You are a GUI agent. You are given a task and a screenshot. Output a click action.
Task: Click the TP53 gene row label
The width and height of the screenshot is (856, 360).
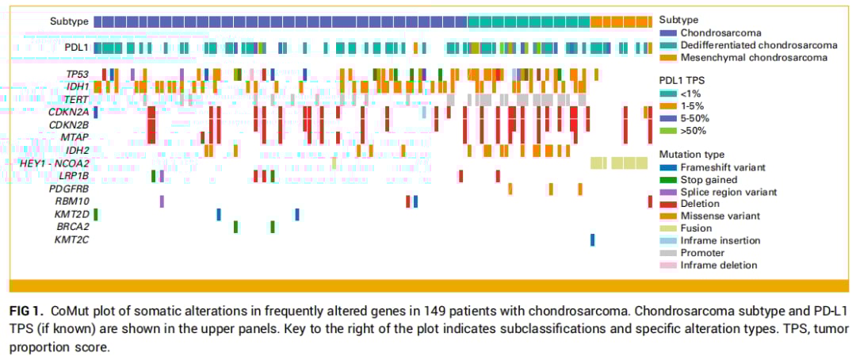pos(77,74)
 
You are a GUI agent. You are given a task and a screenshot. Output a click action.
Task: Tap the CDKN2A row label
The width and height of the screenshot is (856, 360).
pos(68,112)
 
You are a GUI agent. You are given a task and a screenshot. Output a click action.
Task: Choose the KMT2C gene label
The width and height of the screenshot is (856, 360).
pos(71,239)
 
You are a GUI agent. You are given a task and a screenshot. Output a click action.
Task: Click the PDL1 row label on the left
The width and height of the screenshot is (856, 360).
pos(76,48)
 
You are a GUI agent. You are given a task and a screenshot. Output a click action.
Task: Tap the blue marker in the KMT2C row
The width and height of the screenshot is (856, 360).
pos(592,239)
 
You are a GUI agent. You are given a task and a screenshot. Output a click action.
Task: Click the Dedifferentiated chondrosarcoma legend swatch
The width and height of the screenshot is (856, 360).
pos(668,45)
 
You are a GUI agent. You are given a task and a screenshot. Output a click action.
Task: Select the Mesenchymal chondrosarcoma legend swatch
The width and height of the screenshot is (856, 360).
pos(668,57)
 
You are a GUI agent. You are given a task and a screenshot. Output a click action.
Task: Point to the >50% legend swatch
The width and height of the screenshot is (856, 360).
pos(668,130)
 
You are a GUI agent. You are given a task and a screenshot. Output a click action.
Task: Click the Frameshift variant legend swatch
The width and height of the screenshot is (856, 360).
pos(668,167)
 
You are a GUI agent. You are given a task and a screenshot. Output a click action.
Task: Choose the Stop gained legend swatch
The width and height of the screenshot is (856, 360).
pos(668,180)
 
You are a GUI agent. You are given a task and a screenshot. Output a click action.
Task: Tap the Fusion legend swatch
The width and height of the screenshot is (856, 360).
pos(668,228)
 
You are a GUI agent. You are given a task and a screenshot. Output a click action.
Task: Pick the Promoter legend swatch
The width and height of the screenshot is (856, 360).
pos(668,253)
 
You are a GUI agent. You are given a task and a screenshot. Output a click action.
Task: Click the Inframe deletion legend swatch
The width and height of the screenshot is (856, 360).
pos(668,265)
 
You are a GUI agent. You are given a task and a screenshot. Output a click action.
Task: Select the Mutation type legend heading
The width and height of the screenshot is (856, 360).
pos(691,155)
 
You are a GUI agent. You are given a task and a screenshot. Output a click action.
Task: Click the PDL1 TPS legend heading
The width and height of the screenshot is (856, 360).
pos(682,80)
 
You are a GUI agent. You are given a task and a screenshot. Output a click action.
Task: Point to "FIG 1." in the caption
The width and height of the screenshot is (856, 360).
pos(25,307)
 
